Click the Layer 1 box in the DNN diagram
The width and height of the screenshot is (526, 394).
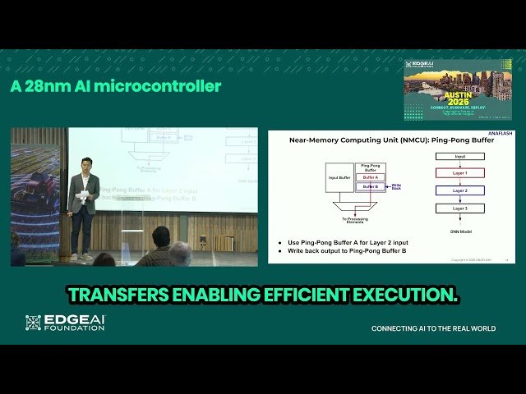coord(459,173)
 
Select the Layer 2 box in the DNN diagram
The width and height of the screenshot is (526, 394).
coord(459,190)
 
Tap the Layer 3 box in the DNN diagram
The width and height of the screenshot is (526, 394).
coord(459,208)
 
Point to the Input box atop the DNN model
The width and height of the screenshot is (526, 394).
coord(459,155)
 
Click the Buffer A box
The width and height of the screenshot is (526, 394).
coord(371,177)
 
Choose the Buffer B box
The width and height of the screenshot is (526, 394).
coord(371,186)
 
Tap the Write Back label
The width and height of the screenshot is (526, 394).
coord(396,186)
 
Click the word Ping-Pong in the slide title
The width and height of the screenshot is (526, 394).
coord(433,140)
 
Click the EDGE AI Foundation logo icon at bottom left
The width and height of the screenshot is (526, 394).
coord(33,323)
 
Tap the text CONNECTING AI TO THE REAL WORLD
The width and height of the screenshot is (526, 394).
coord(433,328)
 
